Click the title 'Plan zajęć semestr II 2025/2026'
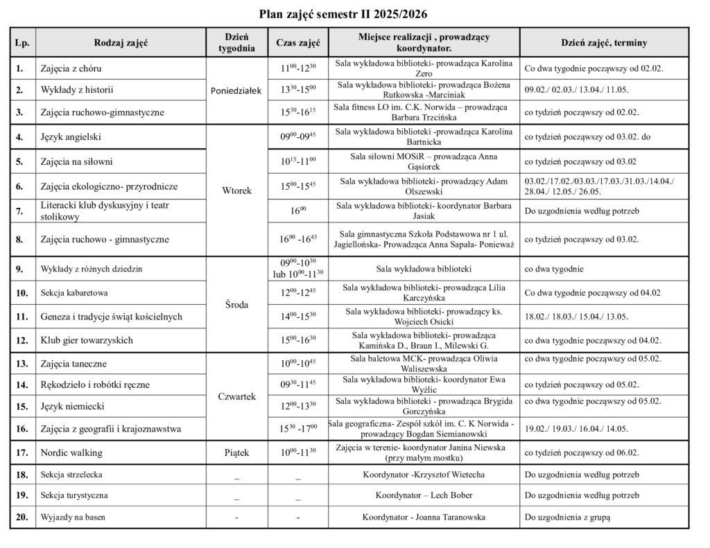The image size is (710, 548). [x=349, y=14]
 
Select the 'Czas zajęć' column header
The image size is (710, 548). [x=297, y=42]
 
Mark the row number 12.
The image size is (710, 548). [x=21, y=340]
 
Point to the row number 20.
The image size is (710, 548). [x=21, y=517]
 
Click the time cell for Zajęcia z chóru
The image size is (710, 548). [x=297, y=68]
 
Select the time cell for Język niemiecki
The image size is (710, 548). [x=297, y=406]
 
